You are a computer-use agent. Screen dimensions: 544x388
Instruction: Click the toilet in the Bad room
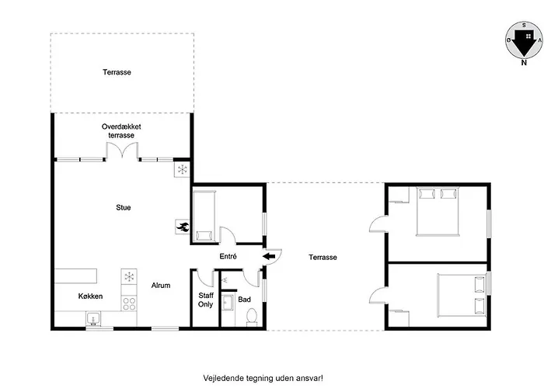coord(252,317)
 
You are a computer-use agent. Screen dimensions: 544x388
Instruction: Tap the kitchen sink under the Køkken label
coord(93,319)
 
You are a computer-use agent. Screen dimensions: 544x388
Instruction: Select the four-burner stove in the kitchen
coord(129,303)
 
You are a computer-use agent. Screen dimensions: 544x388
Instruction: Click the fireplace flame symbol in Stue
coord(183,227)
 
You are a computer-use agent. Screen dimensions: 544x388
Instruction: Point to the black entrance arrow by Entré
coord(269,257)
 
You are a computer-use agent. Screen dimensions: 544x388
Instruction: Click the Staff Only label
coord(205,300)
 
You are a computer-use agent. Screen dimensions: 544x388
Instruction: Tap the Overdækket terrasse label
coord(121,131)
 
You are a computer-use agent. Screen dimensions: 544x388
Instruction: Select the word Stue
coord(123,207)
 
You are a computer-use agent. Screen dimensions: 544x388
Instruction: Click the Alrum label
coord(161,286)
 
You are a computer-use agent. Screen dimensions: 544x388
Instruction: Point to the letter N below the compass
coord(524,63)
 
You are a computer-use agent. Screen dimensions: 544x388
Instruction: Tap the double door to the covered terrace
coord(122,151)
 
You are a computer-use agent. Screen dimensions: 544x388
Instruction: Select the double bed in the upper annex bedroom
coord(438,211)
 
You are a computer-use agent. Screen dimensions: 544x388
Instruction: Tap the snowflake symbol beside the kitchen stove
coord(129,277)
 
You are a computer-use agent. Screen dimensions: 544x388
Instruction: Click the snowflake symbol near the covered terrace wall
coord(182,170)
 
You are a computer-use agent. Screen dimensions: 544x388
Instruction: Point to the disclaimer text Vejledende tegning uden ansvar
coord(263,378)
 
